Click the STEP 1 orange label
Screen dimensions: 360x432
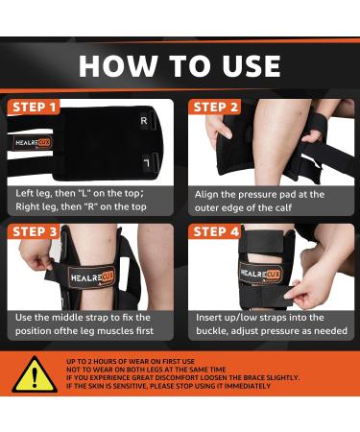tap(34, 107)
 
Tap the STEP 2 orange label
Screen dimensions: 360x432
tap(215, 107)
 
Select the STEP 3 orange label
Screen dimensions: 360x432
tap(34, 231)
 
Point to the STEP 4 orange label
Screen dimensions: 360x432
tap(215, 231)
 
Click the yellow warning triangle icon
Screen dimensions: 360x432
tap(35, 374)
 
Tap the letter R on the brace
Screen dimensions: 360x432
tap(144, 121)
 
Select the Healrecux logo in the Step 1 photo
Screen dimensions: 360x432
tap(33, 143)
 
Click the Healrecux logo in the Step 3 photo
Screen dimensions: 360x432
tap(91, 277)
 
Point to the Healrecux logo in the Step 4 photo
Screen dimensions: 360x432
tap(261, 274)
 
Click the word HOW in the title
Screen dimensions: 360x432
tap(118, 66)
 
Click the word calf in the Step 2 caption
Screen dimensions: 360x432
tap(282, 207)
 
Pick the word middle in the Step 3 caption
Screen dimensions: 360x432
tap(67, 318)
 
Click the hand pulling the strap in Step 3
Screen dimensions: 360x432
tap(36, 254)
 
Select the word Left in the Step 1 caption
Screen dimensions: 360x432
tap(23, 193)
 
